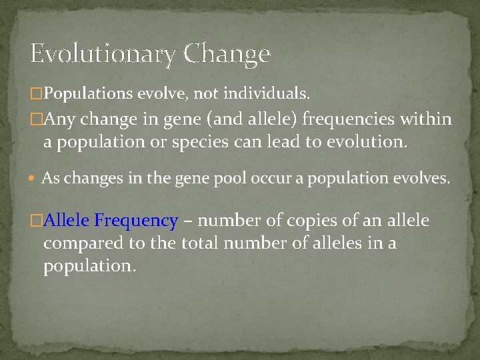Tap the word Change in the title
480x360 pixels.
227,53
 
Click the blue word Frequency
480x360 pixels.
136,221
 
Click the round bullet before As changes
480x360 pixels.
33,179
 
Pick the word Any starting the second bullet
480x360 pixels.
62,121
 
